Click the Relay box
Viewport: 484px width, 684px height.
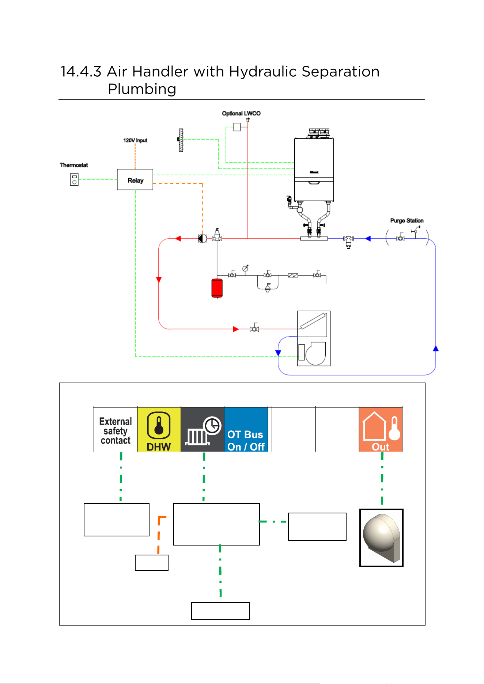pos(135,179)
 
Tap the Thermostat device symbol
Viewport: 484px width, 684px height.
pos(74,179)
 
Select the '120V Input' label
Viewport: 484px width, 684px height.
pos(135,140)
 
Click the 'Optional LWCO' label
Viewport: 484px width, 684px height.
pos(241,113)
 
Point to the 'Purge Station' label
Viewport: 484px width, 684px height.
pos(407,221)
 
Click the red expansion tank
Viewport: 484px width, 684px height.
pos(217,288)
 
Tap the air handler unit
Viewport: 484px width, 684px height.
pos(314,338)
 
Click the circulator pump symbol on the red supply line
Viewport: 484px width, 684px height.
pos(202,239)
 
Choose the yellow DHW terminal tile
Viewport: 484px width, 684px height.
pos(159,429)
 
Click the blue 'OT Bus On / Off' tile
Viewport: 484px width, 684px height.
pos(246,429)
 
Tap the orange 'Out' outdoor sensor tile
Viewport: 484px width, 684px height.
pos(381,429)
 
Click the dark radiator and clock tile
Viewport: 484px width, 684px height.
pos(203,429)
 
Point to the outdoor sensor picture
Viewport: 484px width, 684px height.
pos(381,538)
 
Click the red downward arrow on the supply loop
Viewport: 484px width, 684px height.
pos(159,280)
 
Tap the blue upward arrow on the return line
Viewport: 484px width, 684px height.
pos(436,348)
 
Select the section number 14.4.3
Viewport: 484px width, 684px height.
pos(81,72)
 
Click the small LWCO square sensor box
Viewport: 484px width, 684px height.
pos(237,127)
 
